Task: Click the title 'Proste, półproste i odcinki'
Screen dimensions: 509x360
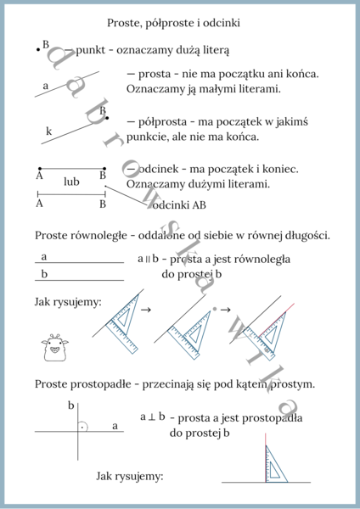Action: pyautogui.click(x=179, y=22)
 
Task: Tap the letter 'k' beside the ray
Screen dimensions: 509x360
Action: pyautogui.click(x=48, y=131)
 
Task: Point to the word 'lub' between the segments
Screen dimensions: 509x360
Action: pyautogui.click(x=71, y=182)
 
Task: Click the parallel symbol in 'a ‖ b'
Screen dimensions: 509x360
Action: pyautogui.click(x=145, y=258)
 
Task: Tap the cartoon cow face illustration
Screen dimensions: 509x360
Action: pyautogui.click(x=53, y=347)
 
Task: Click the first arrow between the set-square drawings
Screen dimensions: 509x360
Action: pyautogui.click(x=145, y=310)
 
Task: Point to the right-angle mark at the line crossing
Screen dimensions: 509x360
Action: pyautogui.click(x=82, y=427)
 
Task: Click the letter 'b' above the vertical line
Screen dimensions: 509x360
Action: pyautogui.click(x=71, y=406)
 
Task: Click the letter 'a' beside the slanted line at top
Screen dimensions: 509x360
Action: pyautogui.click(x=46, y=86)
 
